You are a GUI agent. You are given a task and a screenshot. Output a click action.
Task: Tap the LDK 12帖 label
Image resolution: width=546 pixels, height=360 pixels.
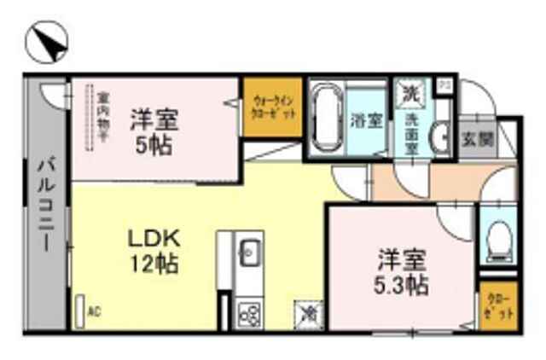[x=153, y=251]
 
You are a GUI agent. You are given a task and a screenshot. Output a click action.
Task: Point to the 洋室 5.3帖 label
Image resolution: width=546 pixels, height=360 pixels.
[x=403, y=270]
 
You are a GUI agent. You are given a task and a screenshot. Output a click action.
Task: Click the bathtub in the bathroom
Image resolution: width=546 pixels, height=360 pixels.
[x=324, y=119]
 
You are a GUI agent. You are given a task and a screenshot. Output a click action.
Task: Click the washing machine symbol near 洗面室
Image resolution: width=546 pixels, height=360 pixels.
[x=410, y=90]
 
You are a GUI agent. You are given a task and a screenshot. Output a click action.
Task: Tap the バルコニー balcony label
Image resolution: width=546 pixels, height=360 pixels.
[x=44, y=205]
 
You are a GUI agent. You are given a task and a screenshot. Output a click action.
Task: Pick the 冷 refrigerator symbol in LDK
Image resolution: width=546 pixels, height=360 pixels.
[x=306, y=314]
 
